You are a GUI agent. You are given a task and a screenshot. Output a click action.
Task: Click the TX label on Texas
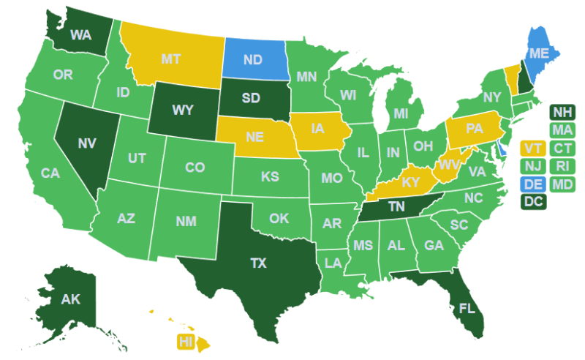click(x=258, y=263)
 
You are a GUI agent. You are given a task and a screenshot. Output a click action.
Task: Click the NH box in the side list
click(x=562, y=112)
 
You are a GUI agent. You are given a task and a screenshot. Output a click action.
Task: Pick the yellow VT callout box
click(x=532, y=149)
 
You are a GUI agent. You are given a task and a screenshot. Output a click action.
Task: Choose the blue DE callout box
click(x=532, y=184)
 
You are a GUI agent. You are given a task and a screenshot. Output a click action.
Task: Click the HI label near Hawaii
click(x=186, y=342)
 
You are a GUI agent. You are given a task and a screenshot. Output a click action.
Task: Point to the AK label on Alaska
click(x=70, y=299)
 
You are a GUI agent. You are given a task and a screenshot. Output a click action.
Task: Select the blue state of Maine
click(x=539, y=53)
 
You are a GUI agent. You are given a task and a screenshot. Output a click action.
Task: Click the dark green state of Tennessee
click(x=396, y=207)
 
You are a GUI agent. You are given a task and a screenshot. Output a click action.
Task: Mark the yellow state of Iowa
click(x=317, y=130)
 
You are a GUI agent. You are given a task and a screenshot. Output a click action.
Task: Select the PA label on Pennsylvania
click(x=475, y=129)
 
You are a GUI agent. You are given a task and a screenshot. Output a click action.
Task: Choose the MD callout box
click(x=562, y=184)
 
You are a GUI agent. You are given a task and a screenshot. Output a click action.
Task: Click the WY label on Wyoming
click(x=183, y=110)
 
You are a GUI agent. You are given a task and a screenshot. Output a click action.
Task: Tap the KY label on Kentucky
click(x=410, y=181)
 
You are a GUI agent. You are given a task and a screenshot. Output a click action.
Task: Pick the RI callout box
click(x=562, y=166)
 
